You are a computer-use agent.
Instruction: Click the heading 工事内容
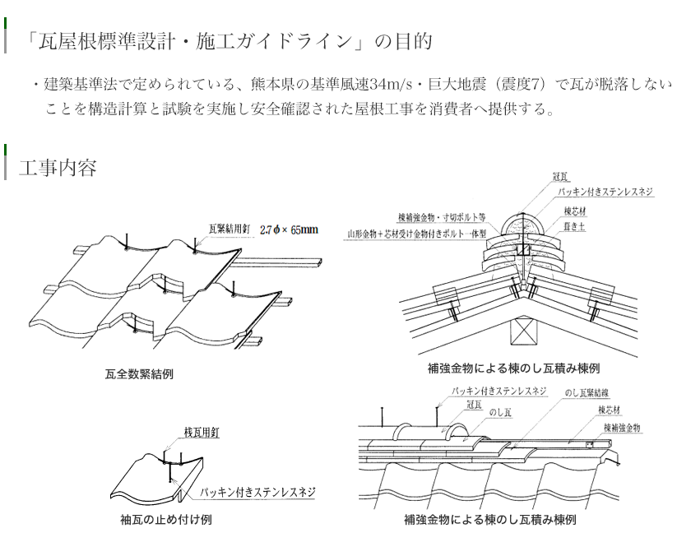click(x=58, y=168)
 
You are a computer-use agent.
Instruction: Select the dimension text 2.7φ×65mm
click(x=289, y=230)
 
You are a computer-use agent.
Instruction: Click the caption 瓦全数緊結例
click(x=139, y=374)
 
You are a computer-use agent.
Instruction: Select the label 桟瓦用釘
click(x=201, y=431)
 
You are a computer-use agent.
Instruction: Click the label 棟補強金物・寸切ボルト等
click(x=441, y=218)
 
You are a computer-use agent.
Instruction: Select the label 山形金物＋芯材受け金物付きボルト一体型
click(x=417, y=233)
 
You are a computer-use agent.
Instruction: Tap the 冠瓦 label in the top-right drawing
click(x=561, y=177)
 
